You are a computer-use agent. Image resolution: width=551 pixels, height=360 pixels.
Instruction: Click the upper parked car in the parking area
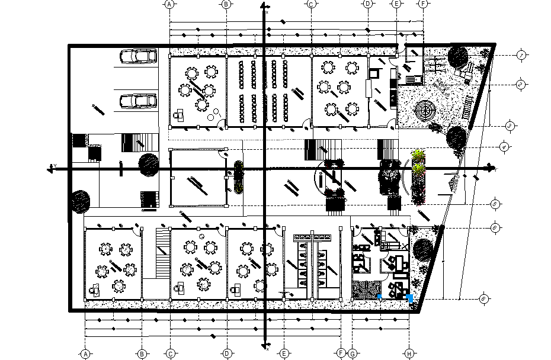pos(138,56)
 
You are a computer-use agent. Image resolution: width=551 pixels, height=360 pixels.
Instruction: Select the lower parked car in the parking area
pos(138,101)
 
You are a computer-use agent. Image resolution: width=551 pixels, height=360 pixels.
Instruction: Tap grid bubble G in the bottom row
pos(353,354)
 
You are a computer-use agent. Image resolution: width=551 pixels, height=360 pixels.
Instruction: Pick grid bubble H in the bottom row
pos(409,354)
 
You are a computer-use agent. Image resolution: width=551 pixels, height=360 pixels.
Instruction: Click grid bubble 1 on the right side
pos(521,55)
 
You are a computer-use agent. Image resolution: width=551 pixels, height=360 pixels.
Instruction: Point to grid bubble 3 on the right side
pos(510,126)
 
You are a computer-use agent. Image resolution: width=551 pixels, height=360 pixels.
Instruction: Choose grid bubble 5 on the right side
pos(495,204)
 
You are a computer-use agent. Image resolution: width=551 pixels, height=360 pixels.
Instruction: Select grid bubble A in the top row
pos(170,4)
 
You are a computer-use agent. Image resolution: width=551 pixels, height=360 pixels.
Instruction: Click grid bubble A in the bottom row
pos(85,354)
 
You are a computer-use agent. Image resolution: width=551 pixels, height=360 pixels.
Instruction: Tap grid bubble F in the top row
pos(423,4)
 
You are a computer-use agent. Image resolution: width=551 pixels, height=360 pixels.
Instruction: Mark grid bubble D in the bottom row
pos(227,354)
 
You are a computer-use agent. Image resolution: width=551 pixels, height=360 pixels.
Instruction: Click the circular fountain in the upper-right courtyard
pos(425,110)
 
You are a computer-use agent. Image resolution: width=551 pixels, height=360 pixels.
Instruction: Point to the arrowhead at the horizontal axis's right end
pos(492,169)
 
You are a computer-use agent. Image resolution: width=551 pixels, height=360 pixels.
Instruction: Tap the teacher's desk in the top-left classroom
pos(180,114)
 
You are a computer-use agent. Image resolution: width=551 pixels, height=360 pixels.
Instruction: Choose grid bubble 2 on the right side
pos(521,84)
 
